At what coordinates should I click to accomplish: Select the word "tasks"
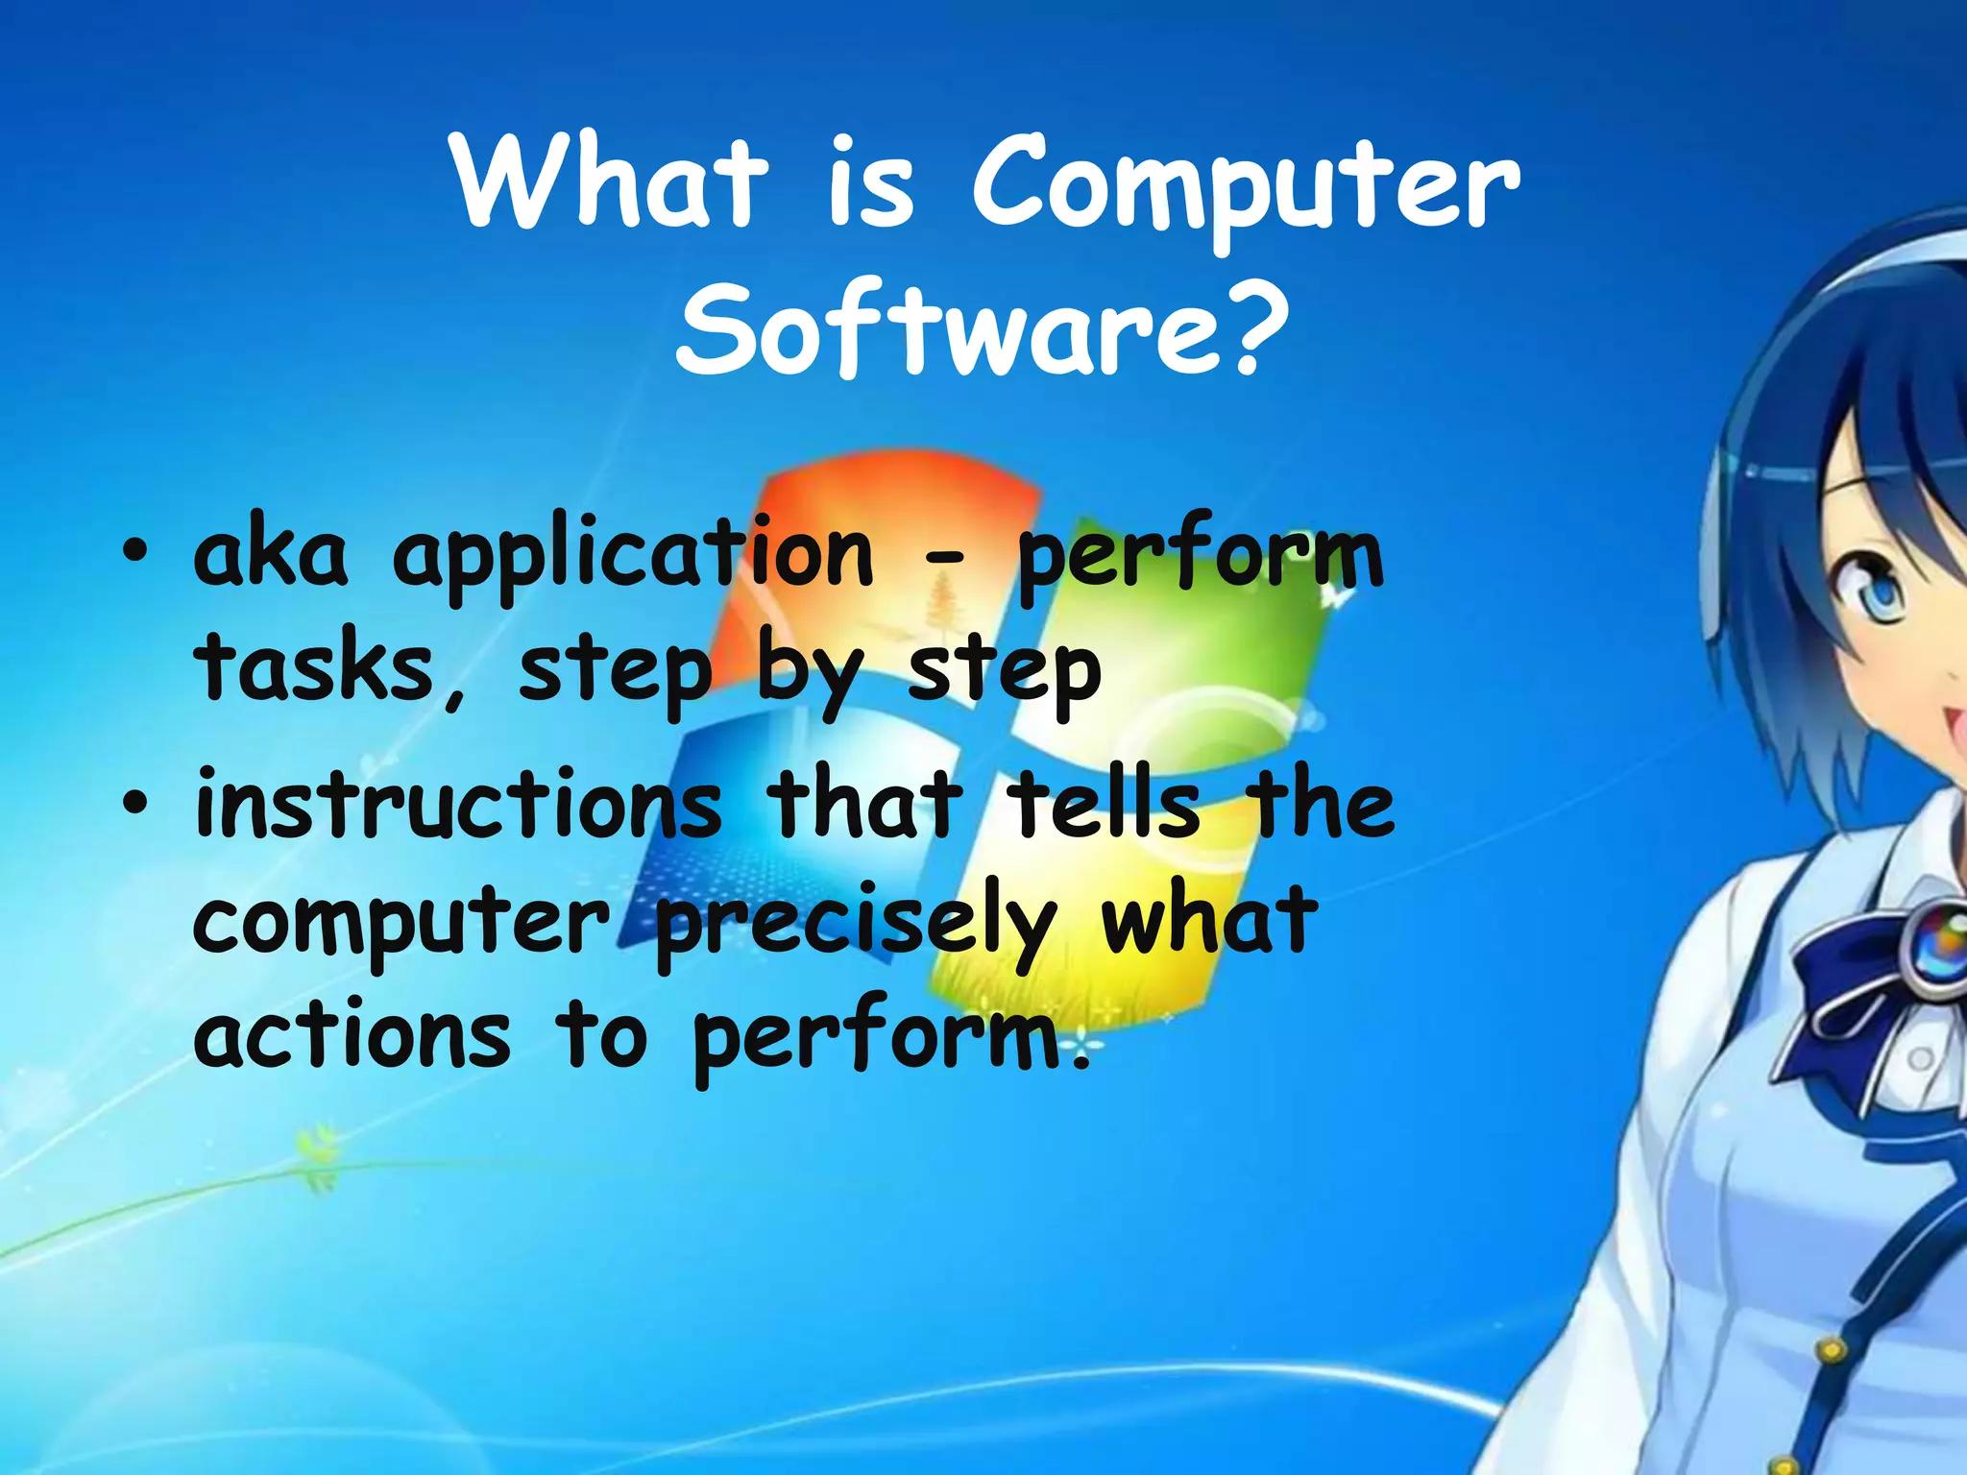(315, 669)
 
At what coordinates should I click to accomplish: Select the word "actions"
(352, 1037)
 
